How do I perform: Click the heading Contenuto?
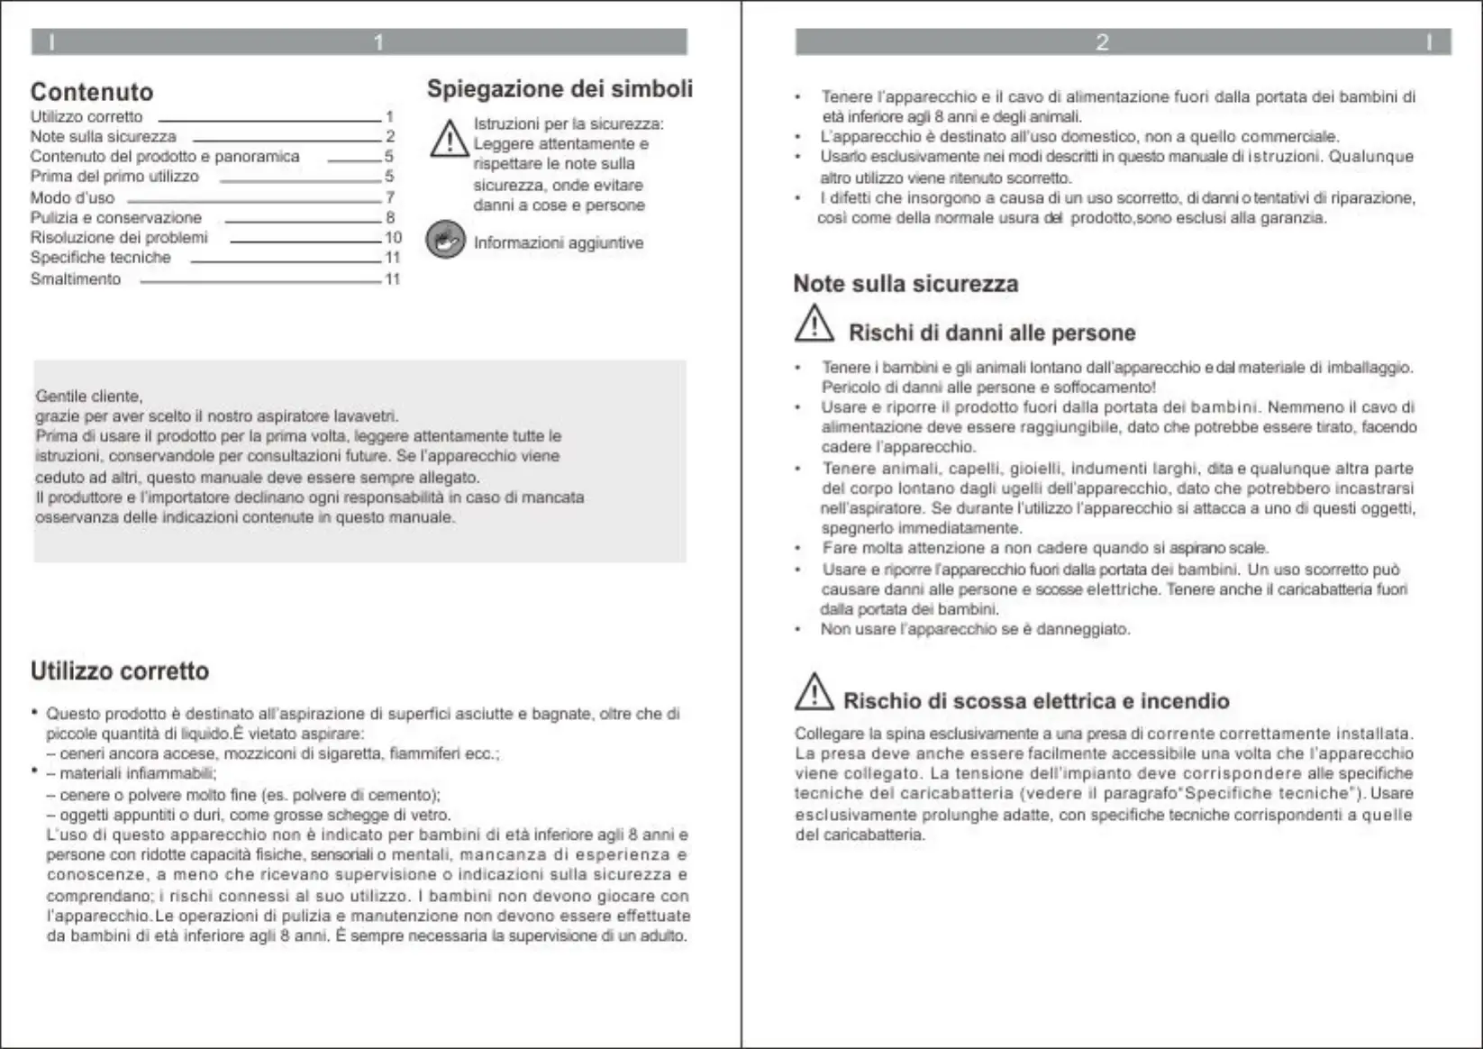pos(92,92)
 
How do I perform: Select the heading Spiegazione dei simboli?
pos(560,89)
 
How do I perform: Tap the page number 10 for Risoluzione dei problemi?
pos(393,238)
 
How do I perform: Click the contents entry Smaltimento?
pos(76,279)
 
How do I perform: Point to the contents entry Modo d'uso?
pos(73,198)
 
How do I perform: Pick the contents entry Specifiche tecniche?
pos(101,258)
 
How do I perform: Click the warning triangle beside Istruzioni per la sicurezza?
pos(449,141)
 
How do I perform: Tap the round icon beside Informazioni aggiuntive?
pos(445,240)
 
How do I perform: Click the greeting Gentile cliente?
pos(89,397)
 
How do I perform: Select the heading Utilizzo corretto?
pos(120,671)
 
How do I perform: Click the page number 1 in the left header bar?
pos(378,42)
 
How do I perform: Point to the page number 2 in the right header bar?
pos(1102,42)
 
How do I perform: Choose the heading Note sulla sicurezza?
pos(905,284)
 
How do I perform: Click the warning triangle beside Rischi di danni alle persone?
pos(814,324)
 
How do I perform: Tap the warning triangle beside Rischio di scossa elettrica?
pos(814,692)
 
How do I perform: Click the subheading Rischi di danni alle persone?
pos(992,333)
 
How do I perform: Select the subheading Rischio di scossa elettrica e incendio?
pos(1036,701)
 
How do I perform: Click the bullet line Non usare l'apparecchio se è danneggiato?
pos(975,629)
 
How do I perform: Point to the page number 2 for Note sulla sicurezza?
pos(390,137)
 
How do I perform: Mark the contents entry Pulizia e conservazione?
pos(116,218)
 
